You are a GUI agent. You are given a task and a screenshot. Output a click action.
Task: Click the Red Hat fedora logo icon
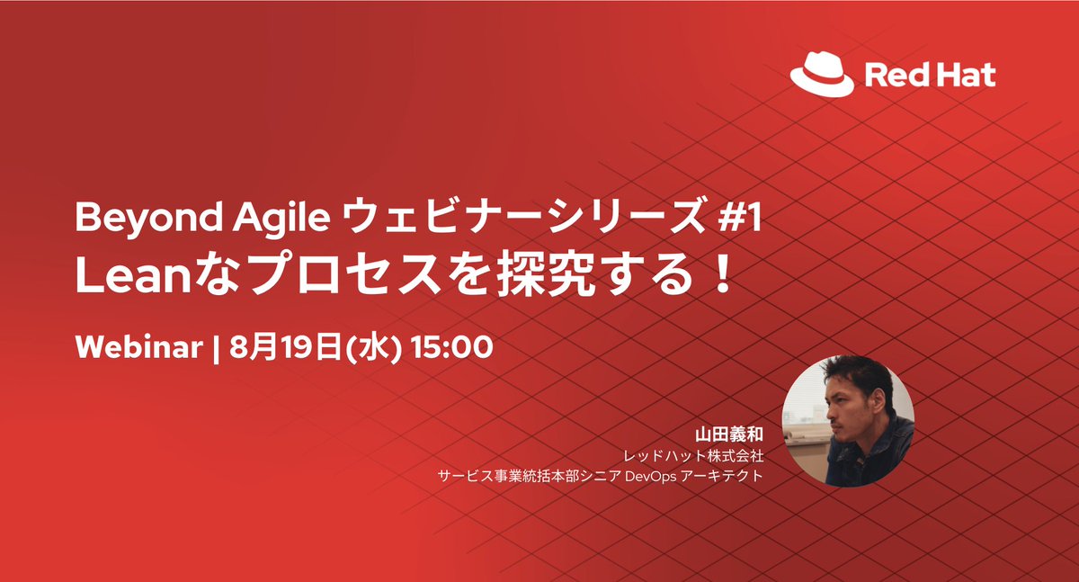[x=822, y=74]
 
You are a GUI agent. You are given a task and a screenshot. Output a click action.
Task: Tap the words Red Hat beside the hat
[x=930, y=75]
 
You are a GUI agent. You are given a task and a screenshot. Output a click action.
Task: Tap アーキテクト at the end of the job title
[x=719, y=475]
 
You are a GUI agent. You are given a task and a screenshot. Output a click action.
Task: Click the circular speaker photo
[x=849, y=420]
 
